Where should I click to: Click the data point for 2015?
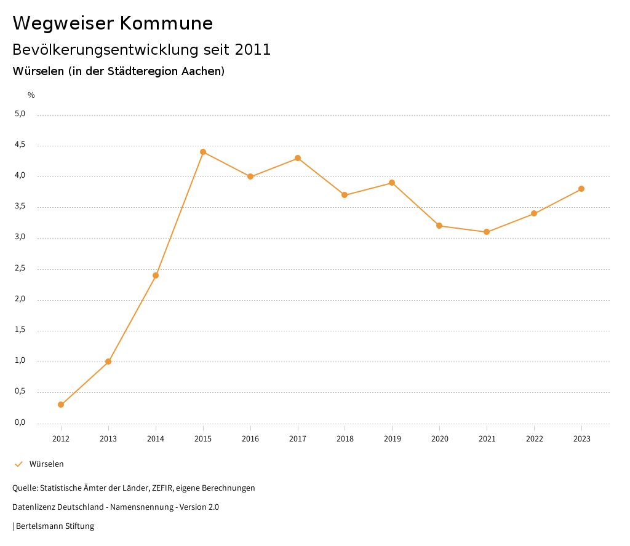[x=203, y=152]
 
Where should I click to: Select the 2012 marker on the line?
[x=61, y=405]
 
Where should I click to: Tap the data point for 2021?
[x=487, y=232]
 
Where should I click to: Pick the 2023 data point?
[x=581, y=189]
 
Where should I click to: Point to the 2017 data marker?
[x=298, y=158]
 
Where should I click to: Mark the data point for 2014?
[x=156, y=275]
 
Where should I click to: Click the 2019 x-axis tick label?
[x=393, y=438]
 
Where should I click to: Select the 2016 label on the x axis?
[x=250, y=438]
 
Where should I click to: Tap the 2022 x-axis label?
[x=534, y=438]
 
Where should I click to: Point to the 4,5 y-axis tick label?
[x=20, y=145]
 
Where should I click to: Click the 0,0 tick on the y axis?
[x=20, y=422]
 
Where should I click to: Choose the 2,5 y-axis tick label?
[x=20, y=269]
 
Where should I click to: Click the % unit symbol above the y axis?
[x=31, y=95]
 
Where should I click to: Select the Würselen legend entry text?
[x=47, y=464]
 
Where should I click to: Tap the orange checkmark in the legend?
[x=18, y=464]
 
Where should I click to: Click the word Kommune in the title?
[x=166, y=23]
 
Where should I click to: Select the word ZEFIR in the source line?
[x=163, y=488]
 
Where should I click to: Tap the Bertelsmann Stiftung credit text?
[x=55, y=526]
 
